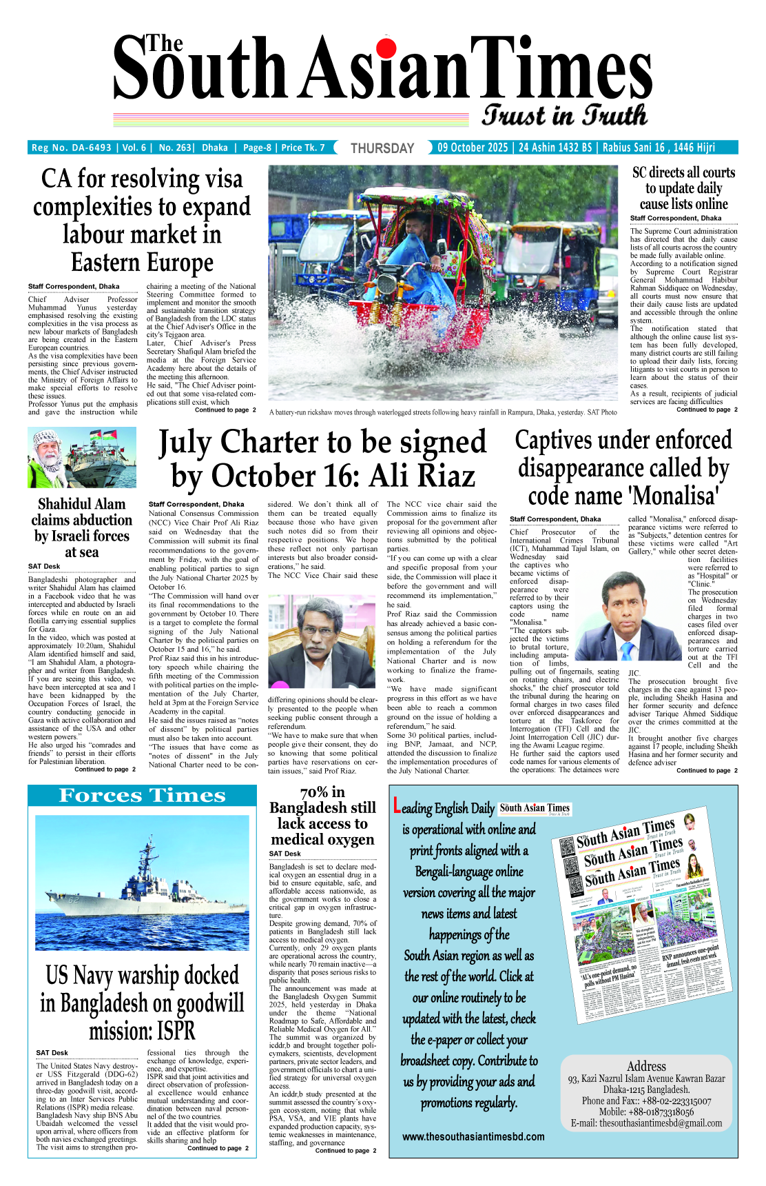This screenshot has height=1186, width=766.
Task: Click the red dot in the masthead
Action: pos(386,47)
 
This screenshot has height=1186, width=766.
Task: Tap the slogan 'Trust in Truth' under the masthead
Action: pos(564,115)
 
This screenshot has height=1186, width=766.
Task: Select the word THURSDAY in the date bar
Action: pos(382,148)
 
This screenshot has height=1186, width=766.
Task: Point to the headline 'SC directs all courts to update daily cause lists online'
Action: pos(683,188)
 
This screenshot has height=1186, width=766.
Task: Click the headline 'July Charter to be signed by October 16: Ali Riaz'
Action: pos(322,459)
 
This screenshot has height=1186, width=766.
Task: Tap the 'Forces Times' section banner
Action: pos(142,796)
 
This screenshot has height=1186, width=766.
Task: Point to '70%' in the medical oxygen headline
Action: pos(315,792)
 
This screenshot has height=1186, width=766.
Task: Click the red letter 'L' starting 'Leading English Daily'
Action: pos(396,805)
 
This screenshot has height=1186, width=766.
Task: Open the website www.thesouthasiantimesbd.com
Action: pos(473,1136)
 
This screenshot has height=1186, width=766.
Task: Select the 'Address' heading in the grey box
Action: pos(646,1066)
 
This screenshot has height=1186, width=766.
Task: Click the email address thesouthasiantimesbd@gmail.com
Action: pos(646,1123)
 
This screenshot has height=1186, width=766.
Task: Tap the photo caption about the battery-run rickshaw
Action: pos(443,412)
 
